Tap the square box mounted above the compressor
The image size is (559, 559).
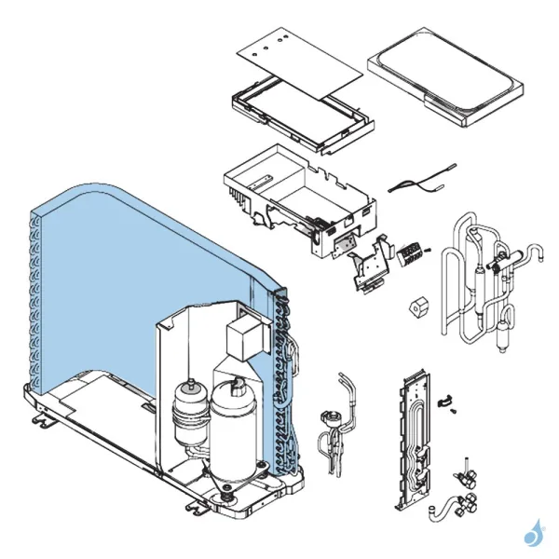coord(245,337)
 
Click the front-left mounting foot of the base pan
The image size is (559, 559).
coord(43,421)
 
